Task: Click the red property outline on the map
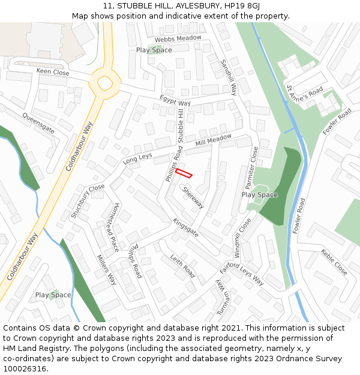click(x=184, y=173)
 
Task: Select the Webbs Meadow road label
click(x=178, y=39)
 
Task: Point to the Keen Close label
click(x=53, y=72)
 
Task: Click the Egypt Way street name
click(x=175, y=100)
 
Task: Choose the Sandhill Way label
click(x=229, y=77)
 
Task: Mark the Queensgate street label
click(x=38, y=122)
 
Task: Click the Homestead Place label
click(x=113, y=226)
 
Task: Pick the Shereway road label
click(x=193, y=197)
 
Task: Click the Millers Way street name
click(x=106, y=269)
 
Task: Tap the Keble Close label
click(x=334, y=262)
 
